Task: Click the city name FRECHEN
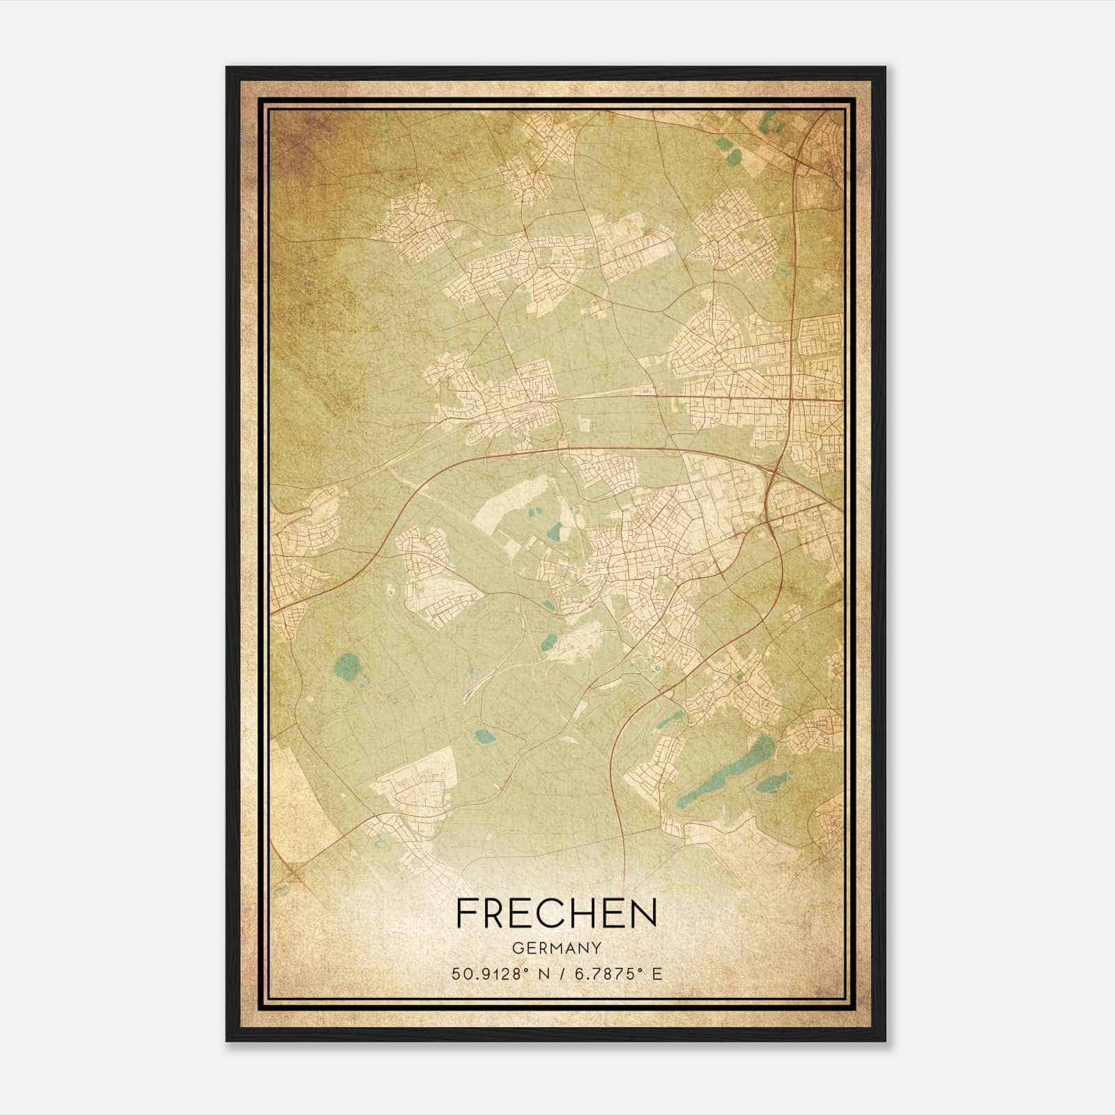click(x=556, y=914)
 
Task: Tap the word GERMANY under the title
click(x=557, y=948)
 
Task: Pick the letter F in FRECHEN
click(x=467, y=914)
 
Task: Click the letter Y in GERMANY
click(x=597, y=948)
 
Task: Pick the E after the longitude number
click(x=656, y=974)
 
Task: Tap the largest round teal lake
click(x=344, y=669)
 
